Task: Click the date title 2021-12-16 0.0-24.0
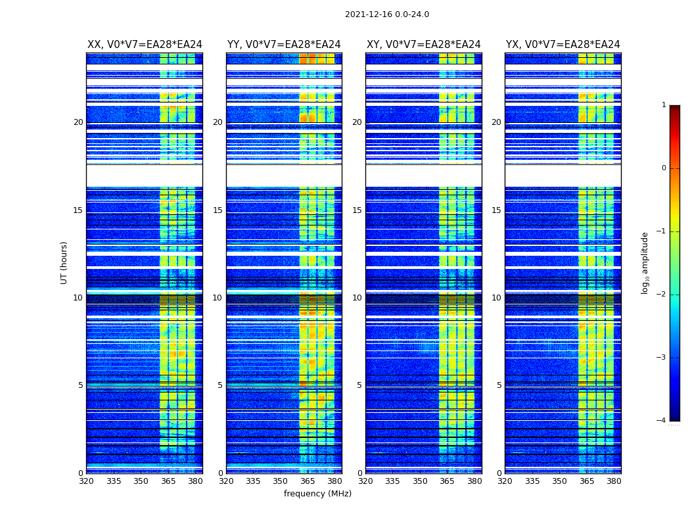pos(386,14)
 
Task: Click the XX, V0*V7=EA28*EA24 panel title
pos(145,45)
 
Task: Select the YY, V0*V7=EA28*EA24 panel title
pos(284,45)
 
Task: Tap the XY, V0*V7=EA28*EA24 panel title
pos(423,45)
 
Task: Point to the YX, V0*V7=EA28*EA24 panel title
pos(563,45)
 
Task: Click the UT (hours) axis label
pos(64,262)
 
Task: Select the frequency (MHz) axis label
pos(317,494)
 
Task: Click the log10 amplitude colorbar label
pos(645,262)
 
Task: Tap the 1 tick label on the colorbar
pos(664,105)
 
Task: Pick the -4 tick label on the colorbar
pos(662,421)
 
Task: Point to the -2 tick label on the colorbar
pos(662,295)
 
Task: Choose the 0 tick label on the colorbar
pos(664,168)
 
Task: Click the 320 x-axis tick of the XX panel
pos(87,481)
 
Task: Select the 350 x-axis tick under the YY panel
pos(281,481)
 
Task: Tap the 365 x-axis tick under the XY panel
pos(448,481)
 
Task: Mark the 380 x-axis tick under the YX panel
pos(614,481)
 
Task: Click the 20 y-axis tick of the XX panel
pos(78,122)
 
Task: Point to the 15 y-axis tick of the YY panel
pos(218,210)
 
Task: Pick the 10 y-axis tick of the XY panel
pos(357,298)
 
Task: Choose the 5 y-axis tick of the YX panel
pos(499,385)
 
